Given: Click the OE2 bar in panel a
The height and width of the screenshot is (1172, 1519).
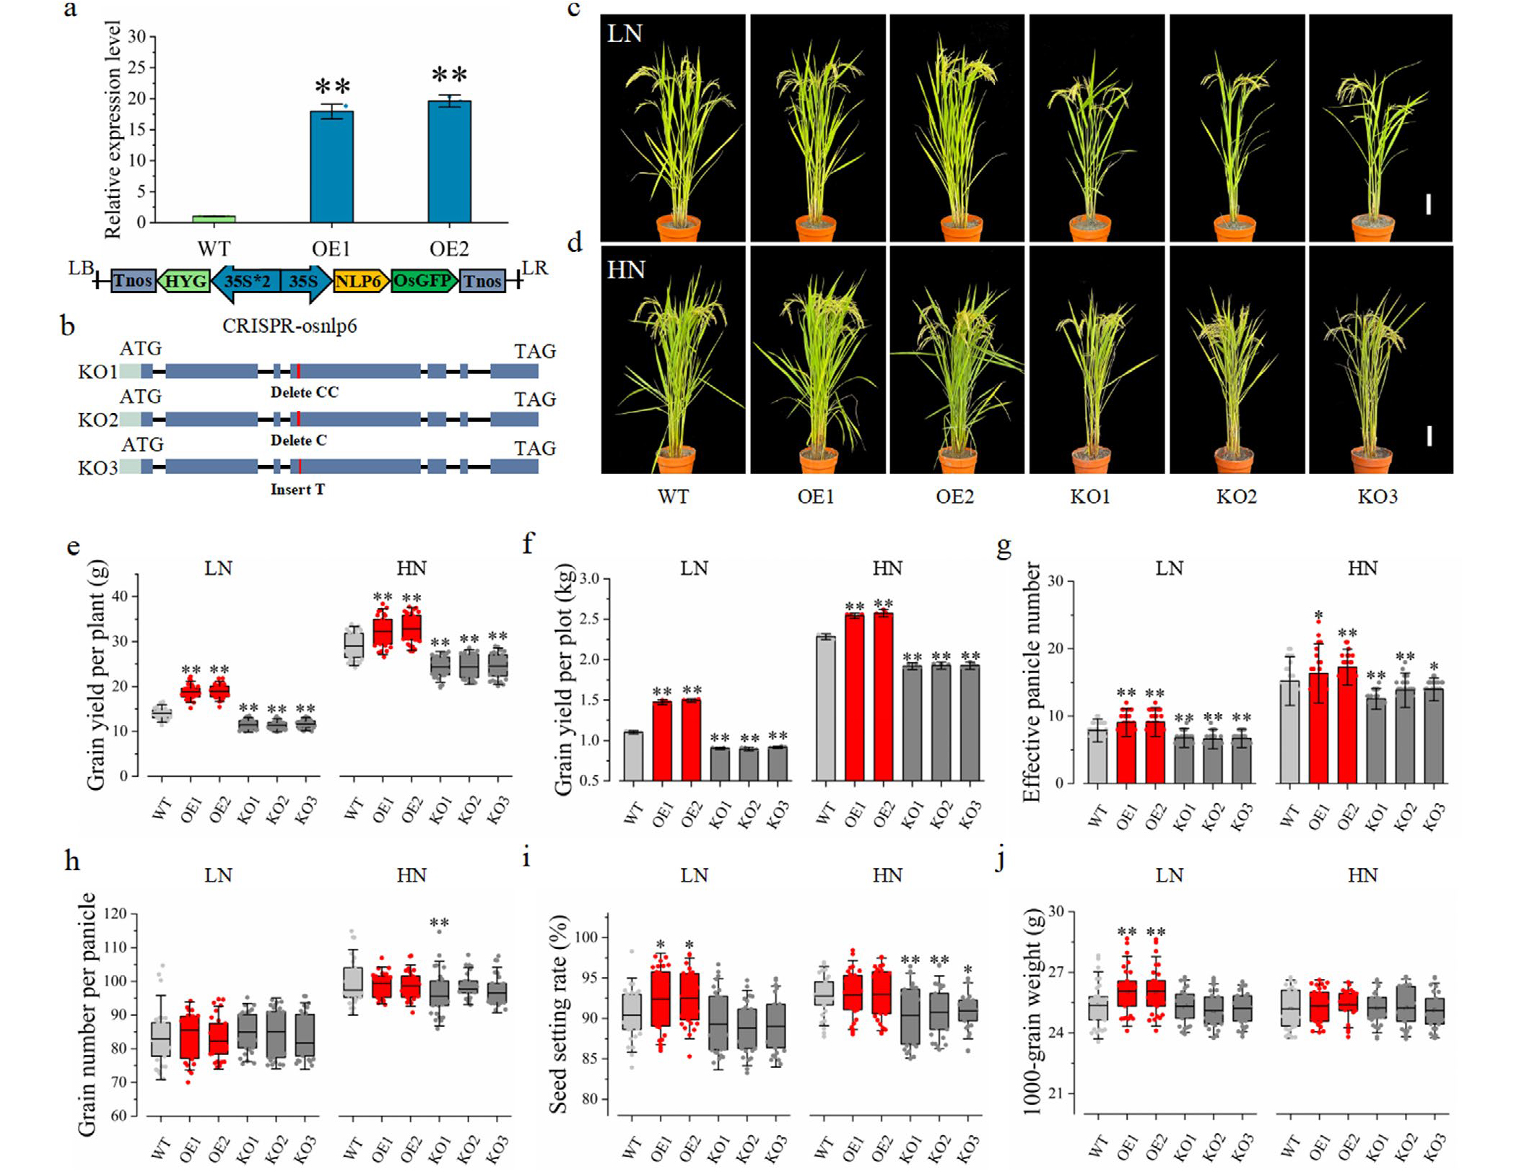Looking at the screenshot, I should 449,162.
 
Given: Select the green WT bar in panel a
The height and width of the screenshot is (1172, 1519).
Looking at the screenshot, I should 214,219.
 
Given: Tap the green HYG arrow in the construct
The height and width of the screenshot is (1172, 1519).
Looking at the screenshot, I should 184,280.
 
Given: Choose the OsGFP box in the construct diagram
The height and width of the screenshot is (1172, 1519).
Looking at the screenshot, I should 423,280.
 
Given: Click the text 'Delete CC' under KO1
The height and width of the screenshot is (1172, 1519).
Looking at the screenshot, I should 304,392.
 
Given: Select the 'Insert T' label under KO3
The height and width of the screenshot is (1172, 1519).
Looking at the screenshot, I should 297,490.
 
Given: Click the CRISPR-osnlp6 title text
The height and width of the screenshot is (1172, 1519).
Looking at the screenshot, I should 289,326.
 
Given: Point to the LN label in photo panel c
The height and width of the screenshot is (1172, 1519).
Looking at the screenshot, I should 624,34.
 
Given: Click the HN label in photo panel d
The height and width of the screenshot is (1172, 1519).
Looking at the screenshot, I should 626,270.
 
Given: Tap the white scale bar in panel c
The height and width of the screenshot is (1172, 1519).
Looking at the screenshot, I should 1428,204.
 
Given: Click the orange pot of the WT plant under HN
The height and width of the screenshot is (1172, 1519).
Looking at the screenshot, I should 676,460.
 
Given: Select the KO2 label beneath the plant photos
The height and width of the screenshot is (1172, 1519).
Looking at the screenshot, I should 1236,497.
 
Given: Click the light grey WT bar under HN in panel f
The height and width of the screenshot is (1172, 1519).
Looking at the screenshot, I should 825,708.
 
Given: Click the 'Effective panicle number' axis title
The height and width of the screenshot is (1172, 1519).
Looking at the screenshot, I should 1032,682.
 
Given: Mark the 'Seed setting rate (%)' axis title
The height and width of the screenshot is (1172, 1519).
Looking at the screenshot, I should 558,1014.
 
